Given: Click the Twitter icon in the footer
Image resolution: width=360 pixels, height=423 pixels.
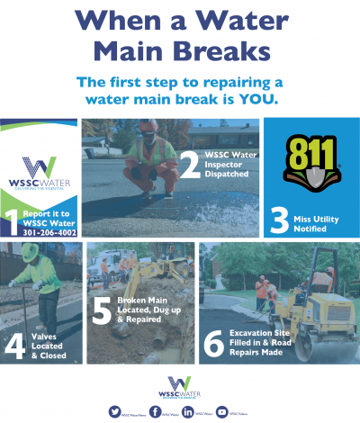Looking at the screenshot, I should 114,411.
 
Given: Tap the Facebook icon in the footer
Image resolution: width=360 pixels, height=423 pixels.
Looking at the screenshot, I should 156,411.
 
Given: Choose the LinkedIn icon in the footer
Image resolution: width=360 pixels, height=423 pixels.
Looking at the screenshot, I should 187,411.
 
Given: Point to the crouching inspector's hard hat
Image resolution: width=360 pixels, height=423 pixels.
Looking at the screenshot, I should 148,125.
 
